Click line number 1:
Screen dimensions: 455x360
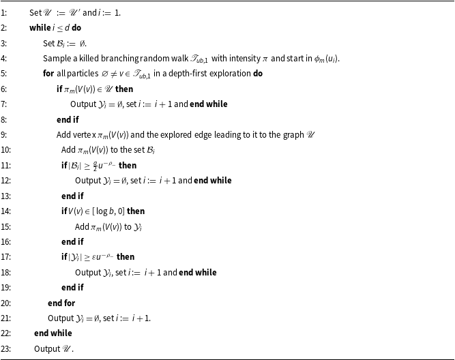(x=4, y=13)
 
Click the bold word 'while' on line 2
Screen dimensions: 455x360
(x=40, y=28)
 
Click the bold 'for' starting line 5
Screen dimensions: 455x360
(x=48, y=74)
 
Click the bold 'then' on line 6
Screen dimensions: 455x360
(x=124, y=89)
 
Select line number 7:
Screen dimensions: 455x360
(x=4, y=104)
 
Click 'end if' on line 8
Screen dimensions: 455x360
(x=68, y=119)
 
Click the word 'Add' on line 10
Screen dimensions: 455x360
(x=68, y=150)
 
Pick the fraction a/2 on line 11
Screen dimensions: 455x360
(x=95, y=166)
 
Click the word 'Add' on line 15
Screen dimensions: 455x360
(x=82, y=226)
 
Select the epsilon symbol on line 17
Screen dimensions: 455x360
(x=94, y=257)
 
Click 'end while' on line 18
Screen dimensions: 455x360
(x=198, y=273)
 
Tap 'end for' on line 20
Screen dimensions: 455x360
(x=61, y=303)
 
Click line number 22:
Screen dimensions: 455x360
(x=5, y=333)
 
